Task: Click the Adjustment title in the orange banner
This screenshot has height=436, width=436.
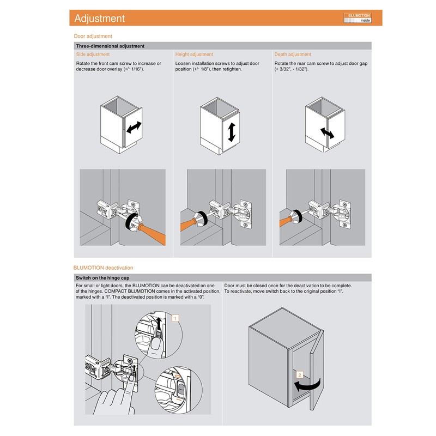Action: coord(100,19)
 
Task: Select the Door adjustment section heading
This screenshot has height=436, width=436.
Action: coord(93,37)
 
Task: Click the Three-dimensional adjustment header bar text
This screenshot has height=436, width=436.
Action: coord(110,46)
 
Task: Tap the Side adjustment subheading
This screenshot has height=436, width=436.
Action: coord(93,55)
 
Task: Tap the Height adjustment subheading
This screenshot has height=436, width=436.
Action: coord(194,55)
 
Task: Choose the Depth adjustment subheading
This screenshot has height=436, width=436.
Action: coord(293,55)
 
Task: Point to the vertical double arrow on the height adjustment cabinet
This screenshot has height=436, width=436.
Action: coord(232,132)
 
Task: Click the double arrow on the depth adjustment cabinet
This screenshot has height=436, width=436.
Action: coord(328,133)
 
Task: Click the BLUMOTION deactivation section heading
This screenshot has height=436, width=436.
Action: coord(103,268)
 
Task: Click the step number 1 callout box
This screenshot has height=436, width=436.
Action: coord(175,317)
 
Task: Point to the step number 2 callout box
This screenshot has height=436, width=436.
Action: coord(299,375)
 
